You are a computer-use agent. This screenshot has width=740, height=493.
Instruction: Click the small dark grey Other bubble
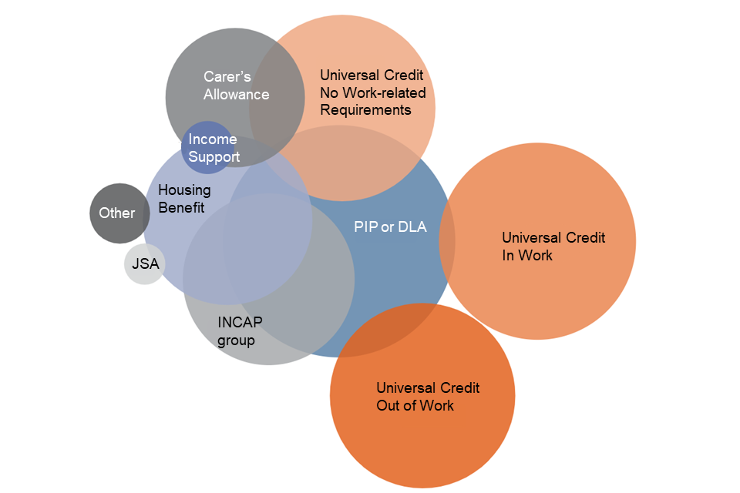(119, 213)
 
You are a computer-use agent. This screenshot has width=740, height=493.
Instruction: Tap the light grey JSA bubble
(145, 264)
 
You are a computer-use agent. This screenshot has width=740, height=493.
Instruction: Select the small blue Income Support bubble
(208, 147)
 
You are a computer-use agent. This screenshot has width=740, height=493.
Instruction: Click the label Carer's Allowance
(236, 86)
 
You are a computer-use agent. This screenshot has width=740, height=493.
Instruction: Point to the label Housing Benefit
(183, 198)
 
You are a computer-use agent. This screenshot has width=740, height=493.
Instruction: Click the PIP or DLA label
(390, 226)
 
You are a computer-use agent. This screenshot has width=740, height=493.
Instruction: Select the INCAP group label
(236, 330)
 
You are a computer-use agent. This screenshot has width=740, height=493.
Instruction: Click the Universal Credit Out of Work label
(427, 396)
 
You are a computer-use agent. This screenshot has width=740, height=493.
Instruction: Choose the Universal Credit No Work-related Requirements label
(372, 92)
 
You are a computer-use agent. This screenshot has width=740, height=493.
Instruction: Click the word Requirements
(365, 110)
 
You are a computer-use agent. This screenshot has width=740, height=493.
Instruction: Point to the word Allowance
(236, 95)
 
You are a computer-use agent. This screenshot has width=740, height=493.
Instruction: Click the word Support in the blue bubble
(214, 157)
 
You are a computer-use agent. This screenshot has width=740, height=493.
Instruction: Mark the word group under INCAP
(236, 340)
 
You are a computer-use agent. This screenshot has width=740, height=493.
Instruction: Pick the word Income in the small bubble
(213, 139)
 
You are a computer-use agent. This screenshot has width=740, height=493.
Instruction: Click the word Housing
(184, 189)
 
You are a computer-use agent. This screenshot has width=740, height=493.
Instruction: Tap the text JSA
(145, 264)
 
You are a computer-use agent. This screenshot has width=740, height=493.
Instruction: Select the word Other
(116, 213)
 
